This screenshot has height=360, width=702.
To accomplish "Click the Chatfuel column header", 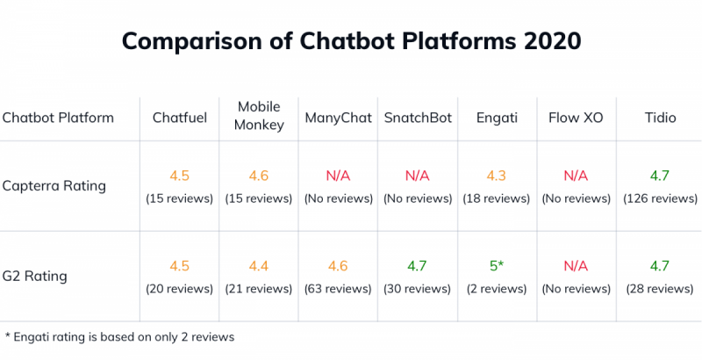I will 180,118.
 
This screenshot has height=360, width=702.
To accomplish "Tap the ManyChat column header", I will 338,118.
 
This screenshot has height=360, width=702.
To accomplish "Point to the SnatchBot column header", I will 418,118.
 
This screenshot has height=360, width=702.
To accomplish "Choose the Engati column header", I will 496,118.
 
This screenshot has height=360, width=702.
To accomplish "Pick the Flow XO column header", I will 576,118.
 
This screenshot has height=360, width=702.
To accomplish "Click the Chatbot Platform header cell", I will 58,118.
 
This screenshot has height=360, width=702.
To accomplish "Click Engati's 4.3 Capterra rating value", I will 496,176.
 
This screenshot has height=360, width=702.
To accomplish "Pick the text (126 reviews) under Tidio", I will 660,198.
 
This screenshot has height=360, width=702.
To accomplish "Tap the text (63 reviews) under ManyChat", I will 338,289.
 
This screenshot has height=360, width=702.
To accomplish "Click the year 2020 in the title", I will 548,41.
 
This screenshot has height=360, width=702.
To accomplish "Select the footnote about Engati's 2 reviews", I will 119,336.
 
